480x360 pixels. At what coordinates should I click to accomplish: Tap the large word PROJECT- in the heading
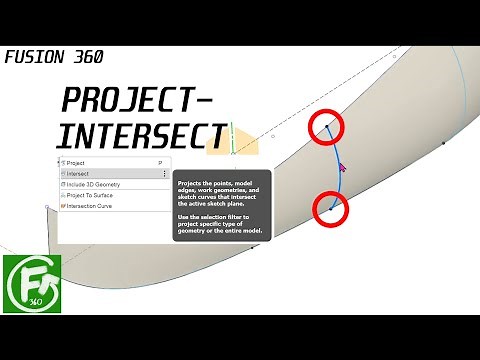click(136, 101)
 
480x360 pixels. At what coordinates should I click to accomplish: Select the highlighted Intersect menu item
click(81, 173)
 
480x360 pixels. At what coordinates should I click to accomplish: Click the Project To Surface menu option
click(90, 195)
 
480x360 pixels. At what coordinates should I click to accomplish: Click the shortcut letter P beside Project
click(160, 162)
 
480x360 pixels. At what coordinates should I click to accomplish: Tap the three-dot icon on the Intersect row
click(164, 173)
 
